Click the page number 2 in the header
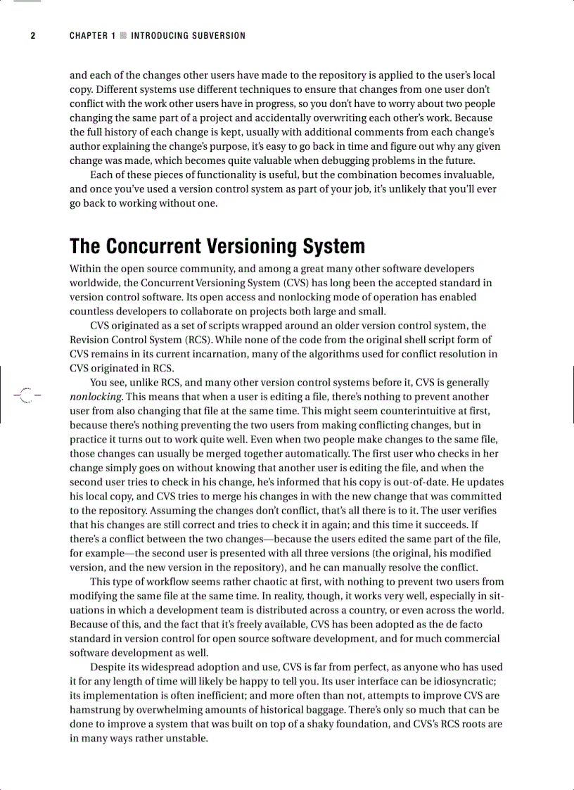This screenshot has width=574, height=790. tap(32, 36)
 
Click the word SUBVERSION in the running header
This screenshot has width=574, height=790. tap(217, 36)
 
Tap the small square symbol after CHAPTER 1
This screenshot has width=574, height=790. tap(123, 36)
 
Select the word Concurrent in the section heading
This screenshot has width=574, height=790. tap(153, 247)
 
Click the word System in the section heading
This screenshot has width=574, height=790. tap(334, 247)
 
